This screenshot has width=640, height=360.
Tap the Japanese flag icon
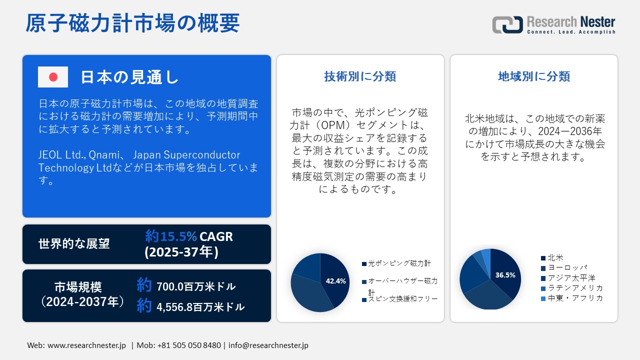point(53,77)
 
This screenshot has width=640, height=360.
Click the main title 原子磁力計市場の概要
point(132,23)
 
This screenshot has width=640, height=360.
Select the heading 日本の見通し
point(129,77)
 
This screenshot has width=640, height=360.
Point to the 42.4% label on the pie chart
point(335,281)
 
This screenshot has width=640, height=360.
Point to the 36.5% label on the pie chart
point(505,275)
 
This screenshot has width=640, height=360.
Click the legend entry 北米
point(555,258)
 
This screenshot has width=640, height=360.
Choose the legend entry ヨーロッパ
point(567,268)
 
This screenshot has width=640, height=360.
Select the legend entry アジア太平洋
point(571,278)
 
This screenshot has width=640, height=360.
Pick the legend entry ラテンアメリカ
point(575,288)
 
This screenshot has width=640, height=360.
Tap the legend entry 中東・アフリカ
point(575,298)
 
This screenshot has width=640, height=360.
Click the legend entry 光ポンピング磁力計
point(399,263)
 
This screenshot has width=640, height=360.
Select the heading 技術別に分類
point(360,76)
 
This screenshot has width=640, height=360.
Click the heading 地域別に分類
point(534,76)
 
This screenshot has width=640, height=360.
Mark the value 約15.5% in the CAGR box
point(171,236)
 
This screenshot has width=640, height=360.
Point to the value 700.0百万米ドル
point(195,287)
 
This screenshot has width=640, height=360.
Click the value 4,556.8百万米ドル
point(200,307)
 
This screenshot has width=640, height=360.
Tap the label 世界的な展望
point(74,244)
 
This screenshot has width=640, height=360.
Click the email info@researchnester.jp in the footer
point(268,345)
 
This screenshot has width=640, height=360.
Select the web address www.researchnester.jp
point(86,345)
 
